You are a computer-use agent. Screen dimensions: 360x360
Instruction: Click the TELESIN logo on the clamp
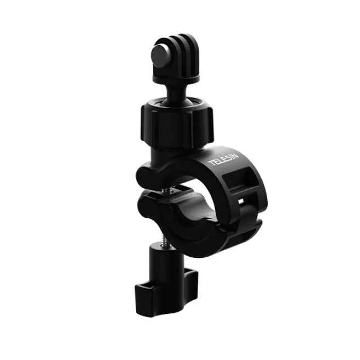click(x=223, y=160)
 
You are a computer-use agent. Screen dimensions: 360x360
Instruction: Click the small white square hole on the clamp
click(x=241, y=201)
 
